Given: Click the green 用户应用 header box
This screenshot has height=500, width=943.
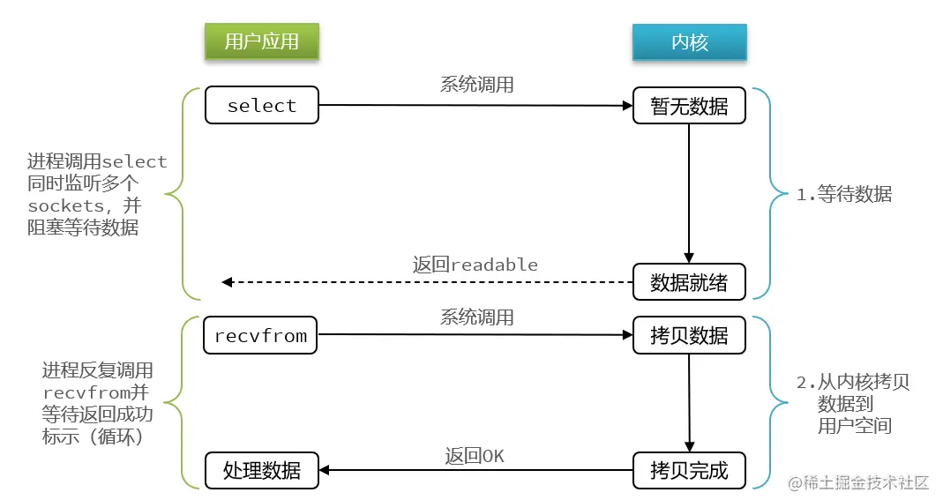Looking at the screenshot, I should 261,41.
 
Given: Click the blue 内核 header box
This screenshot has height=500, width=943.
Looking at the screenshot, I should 689,41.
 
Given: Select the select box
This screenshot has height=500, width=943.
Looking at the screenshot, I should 262,106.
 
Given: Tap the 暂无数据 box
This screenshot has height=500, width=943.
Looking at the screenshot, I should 689,106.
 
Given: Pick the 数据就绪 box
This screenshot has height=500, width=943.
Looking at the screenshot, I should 689,282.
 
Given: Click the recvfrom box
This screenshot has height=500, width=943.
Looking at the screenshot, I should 261,335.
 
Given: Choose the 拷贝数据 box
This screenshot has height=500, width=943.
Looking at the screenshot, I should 689,335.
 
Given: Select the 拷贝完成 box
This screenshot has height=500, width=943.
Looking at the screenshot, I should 689,470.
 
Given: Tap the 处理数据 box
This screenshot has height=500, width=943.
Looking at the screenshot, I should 262,470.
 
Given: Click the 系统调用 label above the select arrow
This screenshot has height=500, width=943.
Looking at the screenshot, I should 476,85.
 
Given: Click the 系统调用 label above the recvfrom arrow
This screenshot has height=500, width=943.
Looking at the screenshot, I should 476,317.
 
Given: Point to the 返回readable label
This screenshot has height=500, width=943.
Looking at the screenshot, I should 475,265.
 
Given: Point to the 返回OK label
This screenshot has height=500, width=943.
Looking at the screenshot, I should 475,455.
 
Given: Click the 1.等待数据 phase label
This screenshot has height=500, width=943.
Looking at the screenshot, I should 843,195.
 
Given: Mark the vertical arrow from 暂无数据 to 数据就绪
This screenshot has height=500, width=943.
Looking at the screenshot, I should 689,194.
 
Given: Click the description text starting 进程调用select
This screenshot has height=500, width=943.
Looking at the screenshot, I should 96,194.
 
